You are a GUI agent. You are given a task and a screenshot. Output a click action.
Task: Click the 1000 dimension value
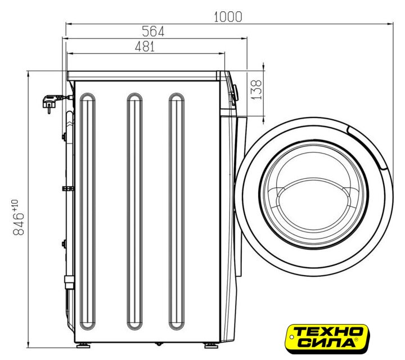pos(228,17)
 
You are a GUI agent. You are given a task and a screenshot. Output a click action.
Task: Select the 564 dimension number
pos(153,31)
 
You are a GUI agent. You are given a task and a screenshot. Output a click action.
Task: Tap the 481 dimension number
pos(145,47)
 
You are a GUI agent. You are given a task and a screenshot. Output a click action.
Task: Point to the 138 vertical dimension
pos(256,89)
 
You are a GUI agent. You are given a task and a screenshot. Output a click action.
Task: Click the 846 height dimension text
pos(19,224)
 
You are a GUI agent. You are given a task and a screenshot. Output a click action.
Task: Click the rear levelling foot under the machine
pos(83,345)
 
